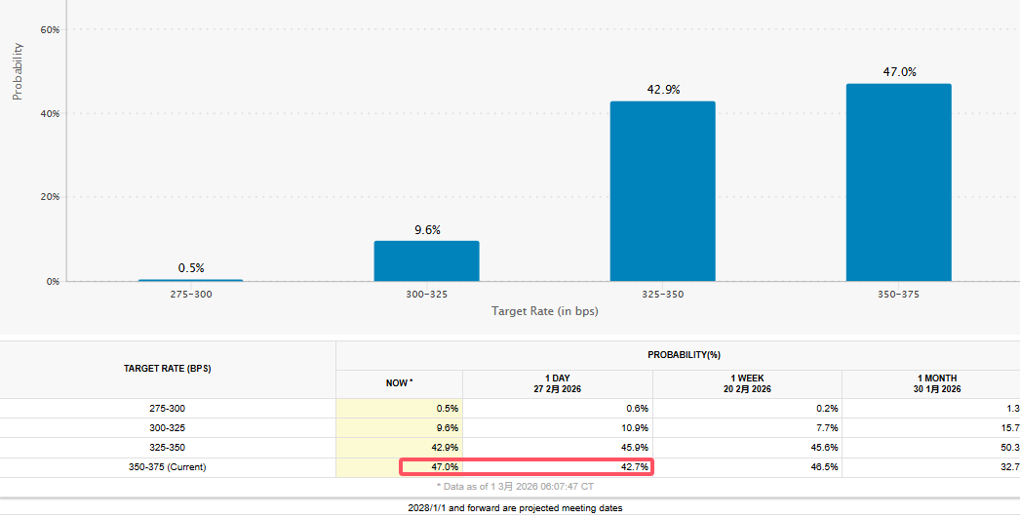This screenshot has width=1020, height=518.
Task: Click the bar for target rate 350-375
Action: pyautogui.click(x=898, y=182)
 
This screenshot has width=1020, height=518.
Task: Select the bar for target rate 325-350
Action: pyautogui.click(x=662, y=191)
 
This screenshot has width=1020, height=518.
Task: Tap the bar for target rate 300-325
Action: pyautogui.click(x=426, y=260)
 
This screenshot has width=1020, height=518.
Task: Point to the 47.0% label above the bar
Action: pyautogui.click(x=898, y=72)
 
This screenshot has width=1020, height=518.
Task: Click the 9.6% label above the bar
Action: pyautogui.click(x=426, y=230)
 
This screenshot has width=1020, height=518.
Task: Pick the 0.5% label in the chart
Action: pyautogui.click(x=191, y=268)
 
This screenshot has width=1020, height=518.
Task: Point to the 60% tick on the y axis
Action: pyautogui.click(x=50, y=30)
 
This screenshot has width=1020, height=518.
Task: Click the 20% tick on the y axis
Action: pyautogui.click(x=50, y=197)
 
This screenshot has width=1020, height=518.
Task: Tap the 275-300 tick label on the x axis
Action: pyautogui.click(x=191, y=294)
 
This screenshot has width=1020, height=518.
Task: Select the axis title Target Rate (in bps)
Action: pyautogui.click(x=545, y=311)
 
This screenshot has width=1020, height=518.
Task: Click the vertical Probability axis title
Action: pyautogui.click(x=18, y=70)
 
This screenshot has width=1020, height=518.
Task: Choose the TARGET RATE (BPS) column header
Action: pyautogui.click(x=168, y=369)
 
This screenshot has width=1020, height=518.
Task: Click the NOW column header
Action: pyautogui.click(x=399, y=383)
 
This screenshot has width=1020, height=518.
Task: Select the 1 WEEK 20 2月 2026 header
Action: pyautogui.click(x=747, y=383)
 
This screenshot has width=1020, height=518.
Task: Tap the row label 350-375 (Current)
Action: pyautogui.click(x=168, y=467)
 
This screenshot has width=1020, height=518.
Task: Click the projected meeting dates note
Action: pyautogui.click(x=515, y=508)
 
